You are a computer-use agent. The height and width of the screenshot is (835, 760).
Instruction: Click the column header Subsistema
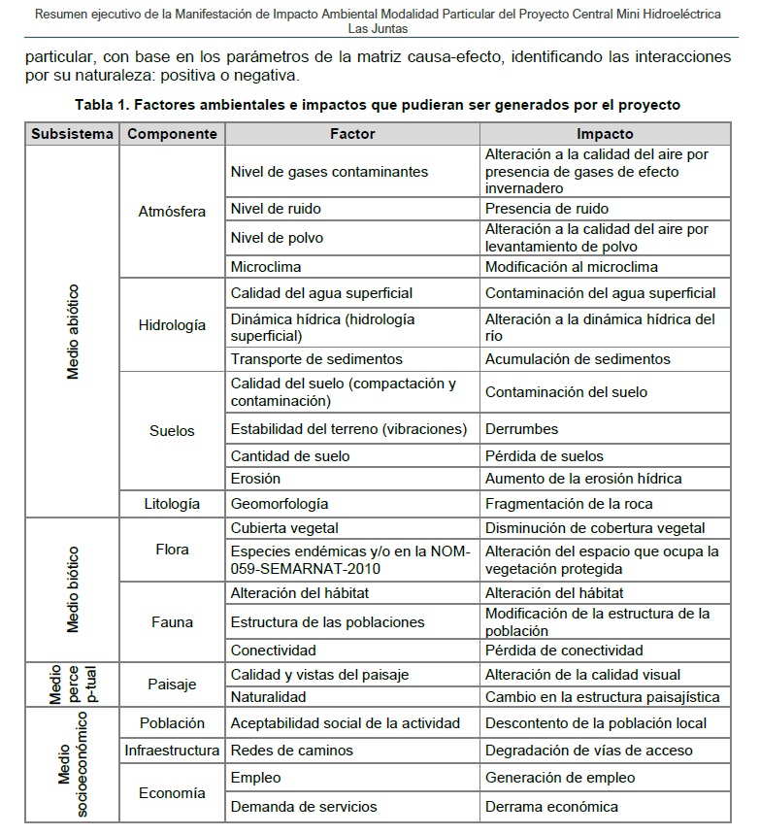pyautogui.click(x=72, y=134)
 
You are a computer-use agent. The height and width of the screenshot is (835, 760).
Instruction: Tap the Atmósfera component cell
pyautogui.click(x=172, y=212)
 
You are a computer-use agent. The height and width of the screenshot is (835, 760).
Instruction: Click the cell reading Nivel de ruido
pyautogui.click(x=276, y=208)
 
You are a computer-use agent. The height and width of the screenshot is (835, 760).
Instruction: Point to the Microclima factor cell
pyautogui.click(x=266, y=266)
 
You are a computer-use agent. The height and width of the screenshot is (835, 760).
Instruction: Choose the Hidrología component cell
pyautogui.click(x=172, y=325)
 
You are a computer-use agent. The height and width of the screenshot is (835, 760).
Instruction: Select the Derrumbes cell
pyautogui.click(x=521, y=428)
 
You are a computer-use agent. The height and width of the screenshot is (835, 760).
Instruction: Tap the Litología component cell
pyautogui.click(x=172, y=503)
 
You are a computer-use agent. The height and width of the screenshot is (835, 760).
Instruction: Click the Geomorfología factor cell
pyautogui.click(x=280, y=503)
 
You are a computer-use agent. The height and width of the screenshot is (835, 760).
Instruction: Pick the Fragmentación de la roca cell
pyautogui.click(x=569, y=503)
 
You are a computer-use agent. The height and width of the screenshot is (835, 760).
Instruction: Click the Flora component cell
pyautogui.click(x=172, y=550)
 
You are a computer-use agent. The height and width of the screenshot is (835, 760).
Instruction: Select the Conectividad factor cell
pyautogui.click(x=273, y=650)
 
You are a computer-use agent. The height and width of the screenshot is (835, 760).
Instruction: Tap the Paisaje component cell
pyautogui.click(x=172, y=685)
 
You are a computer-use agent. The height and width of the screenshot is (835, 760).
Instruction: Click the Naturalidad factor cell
pyautogui.click(x=268, y=696)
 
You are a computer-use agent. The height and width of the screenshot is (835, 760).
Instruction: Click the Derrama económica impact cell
pyautogui.click(x=551, y=806)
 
